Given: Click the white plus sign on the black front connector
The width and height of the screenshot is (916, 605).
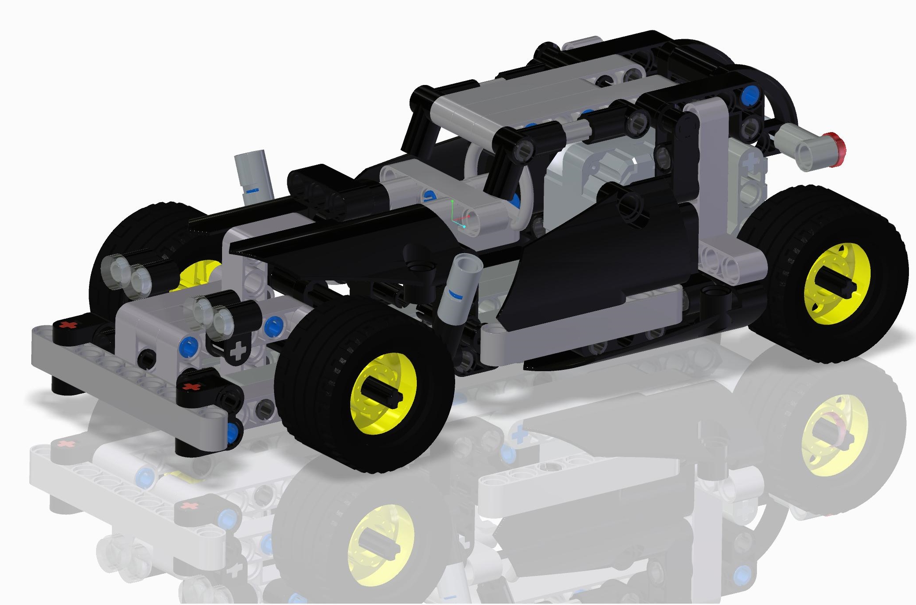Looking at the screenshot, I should tap(239, 351).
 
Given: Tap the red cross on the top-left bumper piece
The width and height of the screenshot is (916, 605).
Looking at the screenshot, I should tap(67, 325).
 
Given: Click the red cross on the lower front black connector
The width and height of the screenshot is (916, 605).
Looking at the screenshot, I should tap(190, 387).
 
